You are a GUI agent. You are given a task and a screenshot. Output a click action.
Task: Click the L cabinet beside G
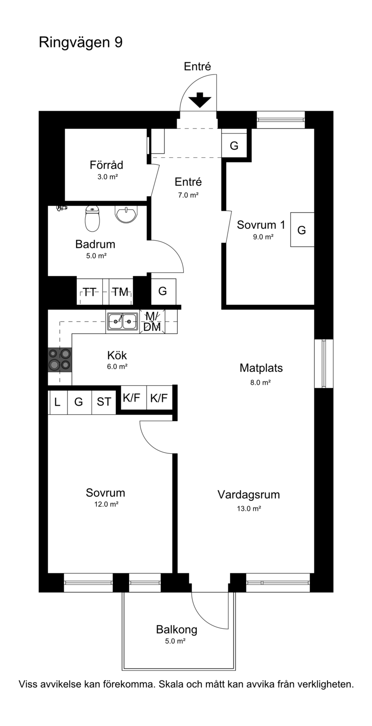(57, 402)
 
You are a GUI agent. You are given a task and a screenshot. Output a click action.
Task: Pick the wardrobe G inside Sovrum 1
(301, 229)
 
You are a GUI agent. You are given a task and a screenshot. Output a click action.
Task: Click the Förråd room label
(106, 165)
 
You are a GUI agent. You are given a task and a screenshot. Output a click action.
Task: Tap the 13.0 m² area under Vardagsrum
(248, 508)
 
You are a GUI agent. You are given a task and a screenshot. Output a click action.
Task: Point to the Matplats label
(260, 368)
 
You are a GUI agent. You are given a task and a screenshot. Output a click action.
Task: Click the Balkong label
(176, 629)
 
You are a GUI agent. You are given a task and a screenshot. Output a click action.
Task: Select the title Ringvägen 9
(80, 42)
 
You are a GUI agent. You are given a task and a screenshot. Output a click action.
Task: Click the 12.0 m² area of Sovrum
(106, 504)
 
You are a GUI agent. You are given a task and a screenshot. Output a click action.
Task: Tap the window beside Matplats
(323, 363)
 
